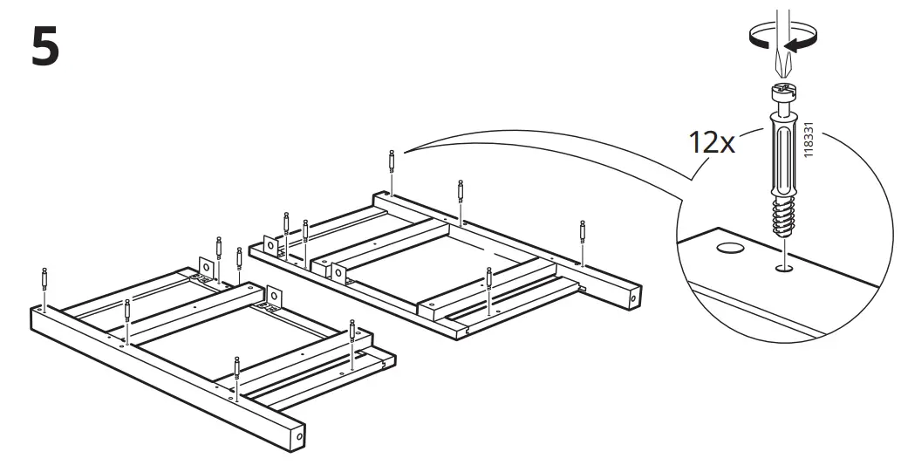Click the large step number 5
pos(45,47)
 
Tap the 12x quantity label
pos(712,142)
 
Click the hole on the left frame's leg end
pos(300,434)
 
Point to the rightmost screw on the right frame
pos(582,233)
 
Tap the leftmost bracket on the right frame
pos(273,248)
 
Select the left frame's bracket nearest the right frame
pos(274,298)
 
